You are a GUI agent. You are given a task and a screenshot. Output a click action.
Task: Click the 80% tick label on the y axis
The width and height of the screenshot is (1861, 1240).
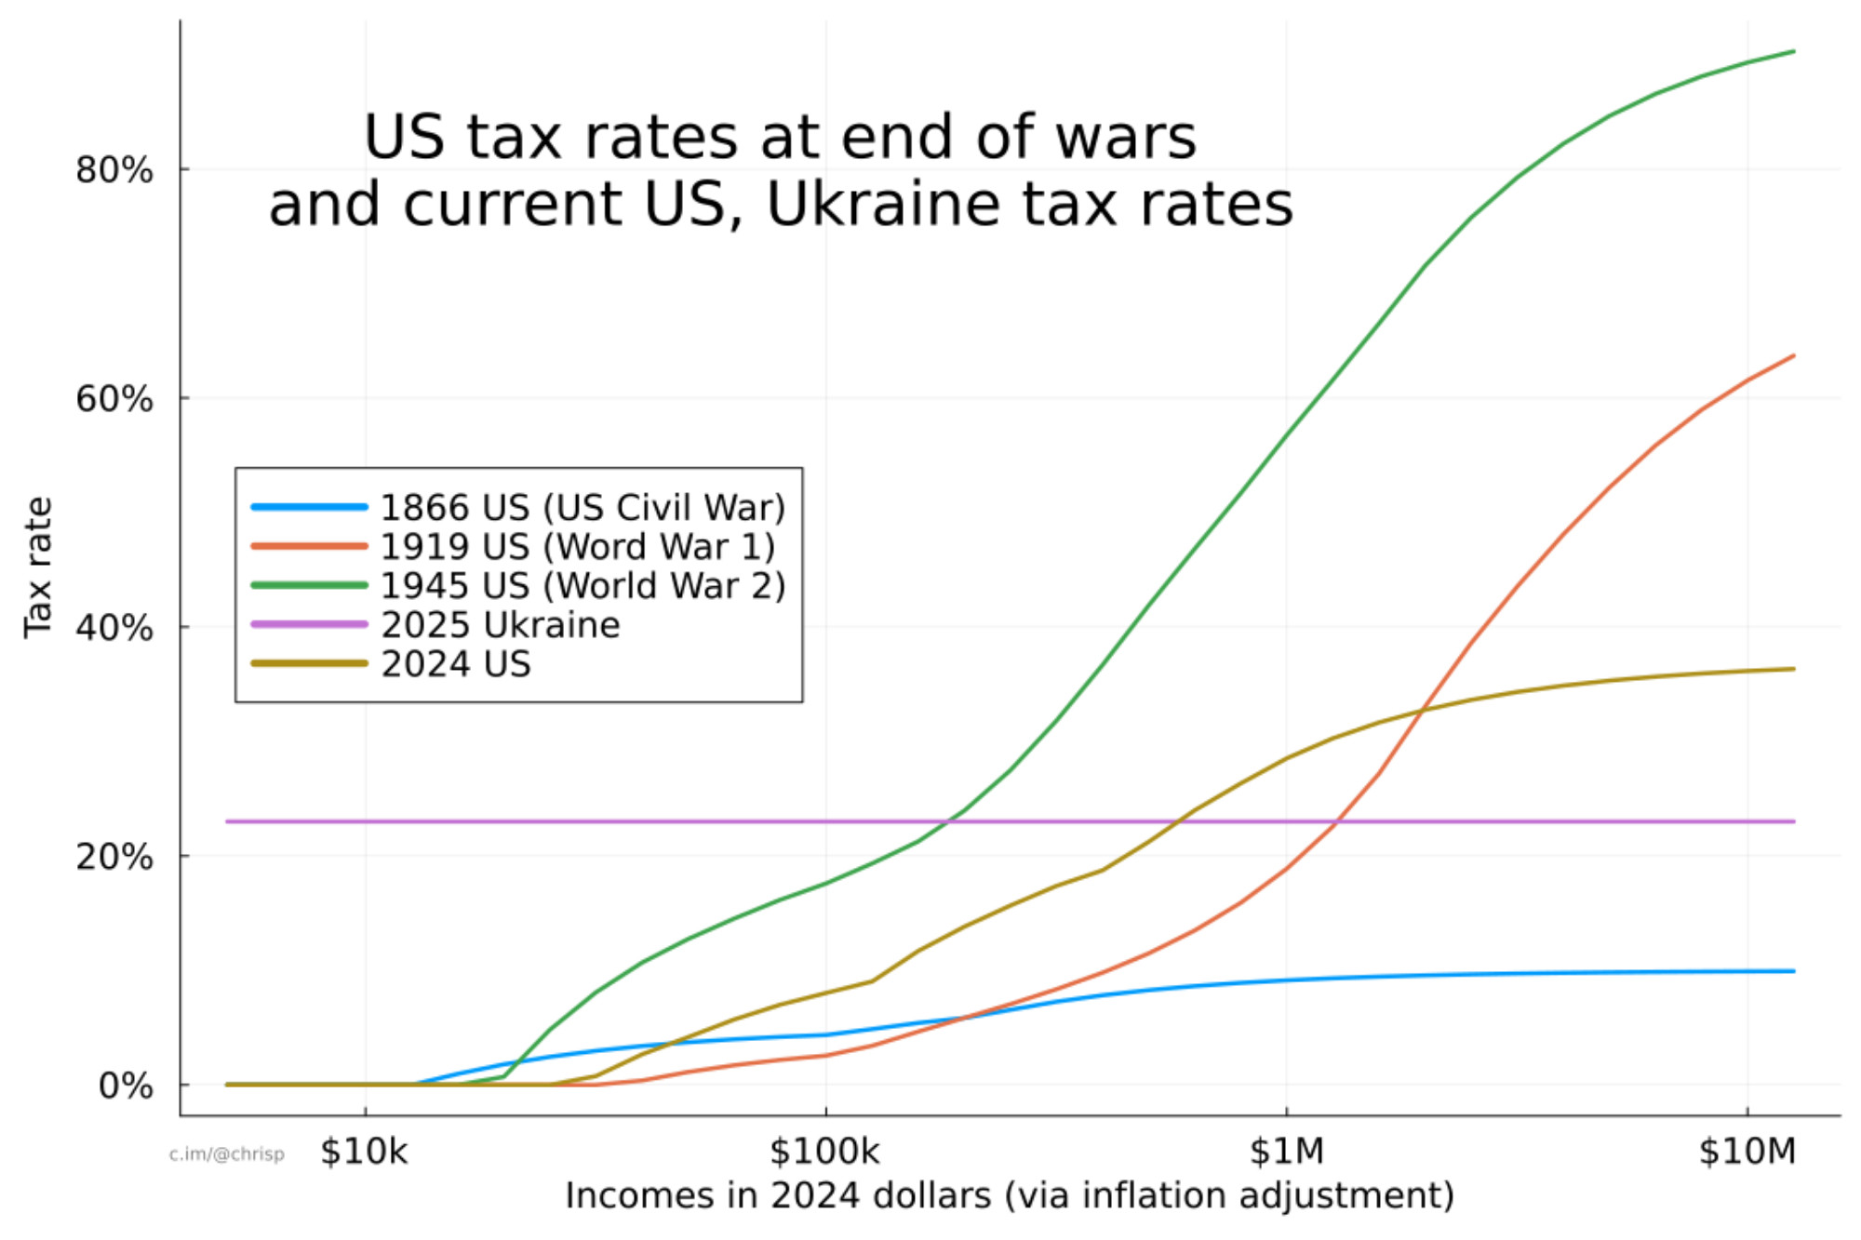(114, 170)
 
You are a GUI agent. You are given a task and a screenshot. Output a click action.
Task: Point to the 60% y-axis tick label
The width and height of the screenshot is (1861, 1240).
(114, 399)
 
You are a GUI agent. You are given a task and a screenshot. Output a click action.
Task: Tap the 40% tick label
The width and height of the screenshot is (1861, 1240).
(114, 628)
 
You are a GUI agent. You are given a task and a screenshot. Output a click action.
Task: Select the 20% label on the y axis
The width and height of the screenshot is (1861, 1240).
(114, 857)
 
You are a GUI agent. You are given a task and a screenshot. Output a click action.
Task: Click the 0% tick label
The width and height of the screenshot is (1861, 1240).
(125, 1086)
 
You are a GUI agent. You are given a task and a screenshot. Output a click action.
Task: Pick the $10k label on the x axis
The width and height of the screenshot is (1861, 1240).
(364, 1152)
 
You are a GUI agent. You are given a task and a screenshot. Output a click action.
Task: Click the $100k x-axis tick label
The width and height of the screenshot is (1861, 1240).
(824, 1152)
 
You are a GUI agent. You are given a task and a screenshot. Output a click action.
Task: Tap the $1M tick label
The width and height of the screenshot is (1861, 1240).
(1286, 1152)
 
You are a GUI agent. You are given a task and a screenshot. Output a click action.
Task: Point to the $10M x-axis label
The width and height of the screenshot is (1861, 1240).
(1747, 1152)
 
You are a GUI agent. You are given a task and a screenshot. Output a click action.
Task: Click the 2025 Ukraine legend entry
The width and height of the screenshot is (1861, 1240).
(500, 625)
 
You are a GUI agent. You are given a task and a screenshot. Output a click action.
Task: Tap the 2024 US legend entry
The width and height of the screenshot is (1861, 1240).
(456, 664)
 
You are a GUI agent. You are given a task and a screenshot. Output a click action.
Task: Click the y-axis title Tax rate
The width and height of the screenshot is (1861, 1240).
(39, 567)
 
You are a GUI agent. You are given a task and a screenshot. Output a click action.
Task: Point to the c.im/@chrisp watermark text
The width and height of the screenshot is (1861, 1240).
(226, 1154)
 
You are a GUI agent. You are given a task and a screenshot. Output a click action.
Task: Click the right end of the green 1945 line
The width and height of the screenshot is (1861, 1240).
(1793, 51)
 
